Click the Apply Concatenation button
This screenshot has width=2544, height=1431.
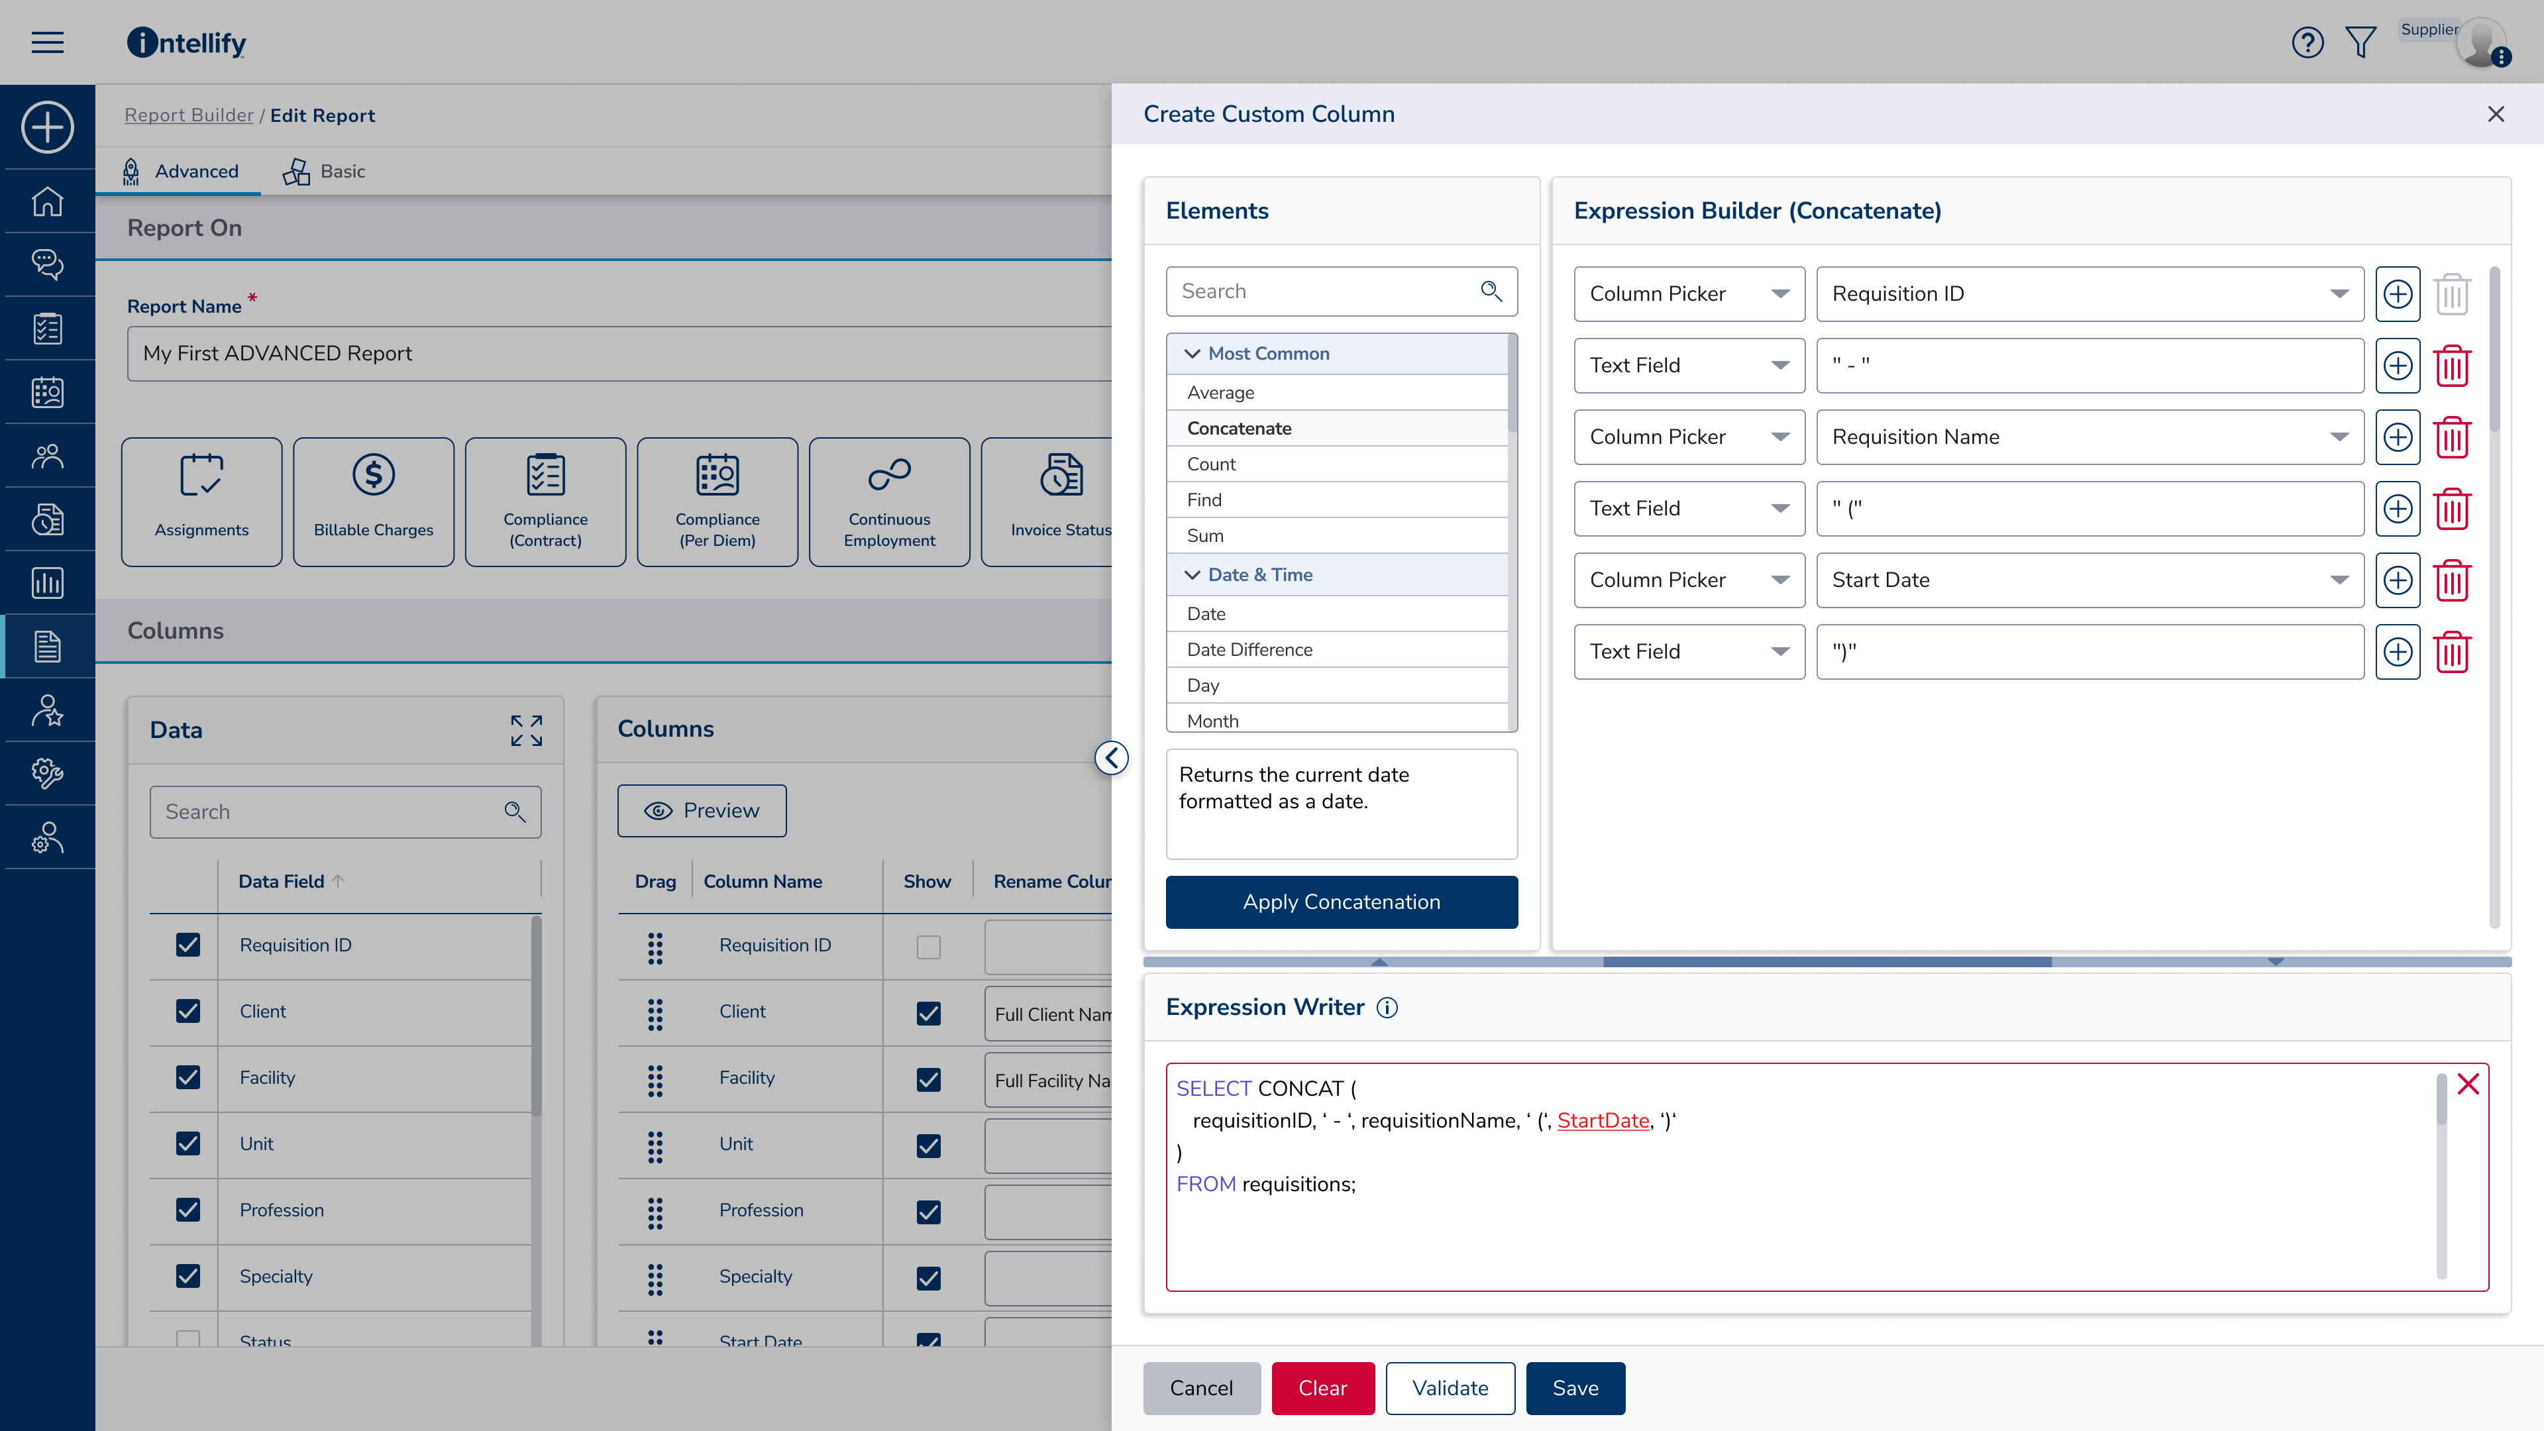(1341, 902)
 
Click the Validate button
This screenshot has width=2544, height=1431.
(1450, 1387)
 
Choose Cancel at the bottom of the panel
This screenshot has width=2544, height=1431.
(1201, 1387)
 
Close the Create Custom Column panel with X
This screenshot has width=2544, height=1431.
(2496, 115)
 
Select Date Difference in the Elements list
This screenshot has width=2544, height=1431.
(1249, 649)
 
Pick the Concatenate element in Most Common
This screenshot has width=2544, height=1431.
(1240, 427)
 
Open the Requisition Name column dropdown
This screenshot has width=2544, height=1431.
(2089, 437)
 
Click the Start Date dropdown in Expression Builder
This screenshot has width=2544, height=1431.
(2089, 580)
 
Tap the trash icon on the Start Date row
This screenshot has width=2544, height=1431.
(2452, 580)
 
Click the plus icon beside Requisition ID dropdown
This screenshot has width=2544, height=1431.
(2398, 293)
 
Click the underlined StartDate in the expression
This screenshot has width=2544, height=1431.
(1603, 1120)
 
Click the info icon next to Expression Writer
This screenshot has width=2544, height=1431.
(1387, 1007)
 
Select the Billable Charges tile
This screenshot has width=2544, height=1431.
(373, 502)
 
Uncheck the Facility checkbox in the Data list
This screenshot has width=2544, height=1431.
(187, 1077)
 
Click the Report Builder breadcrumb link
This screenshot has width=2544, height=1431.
(189, 115)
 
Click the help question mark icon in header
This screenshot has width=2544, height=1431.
(2307, 42)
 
